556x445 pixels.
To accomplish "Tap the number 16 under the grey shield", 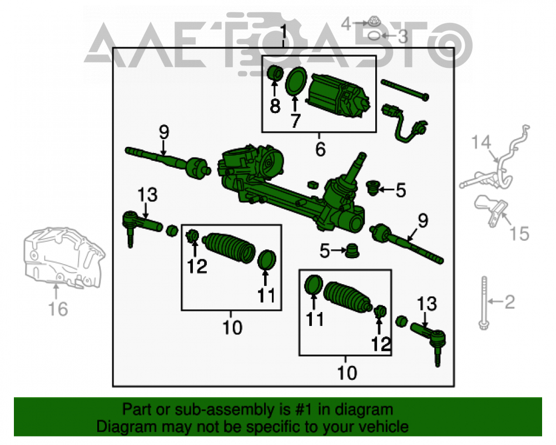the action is [x=58, y=309].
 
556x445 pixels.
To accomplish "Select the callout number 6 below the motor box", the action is [x=321, y=149].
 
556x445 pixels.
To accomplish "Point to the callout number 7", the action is [x=295, y=121].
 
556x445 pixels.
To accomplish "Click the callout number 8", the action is [x=275, y=106].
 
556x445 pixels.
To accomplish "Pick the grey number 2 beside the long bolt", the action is [x=509, y=301].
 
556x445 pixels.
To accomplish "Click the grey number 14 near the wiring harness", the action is [x=481, y=142].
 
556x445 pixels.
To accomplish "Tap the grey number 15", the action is [x=519, y=234].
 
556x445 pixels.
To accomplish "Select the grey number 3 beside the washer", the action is [x=403, y=37].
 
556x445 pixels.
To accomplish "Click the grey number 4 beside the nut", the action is [x=346, y=24].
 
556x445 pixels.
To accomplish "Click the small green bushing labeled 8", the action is [x=275, y=73].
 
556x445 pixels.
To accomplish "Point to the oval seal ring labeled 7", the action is [x=296, y=81].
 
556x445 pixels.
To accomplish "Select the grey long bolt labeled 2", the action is [x=484, y=303].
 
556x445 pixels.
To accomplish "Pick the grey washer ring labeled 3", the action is [x=374, y=36].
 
